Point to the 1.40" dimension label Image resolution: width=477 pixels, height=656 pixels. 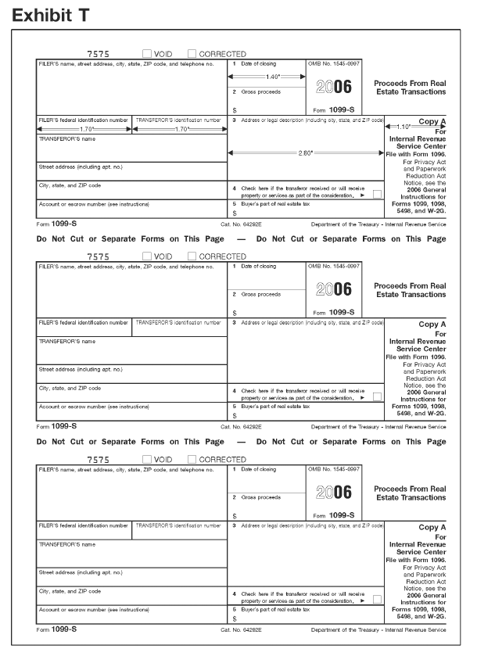pyautogui.click(x=273, y=77)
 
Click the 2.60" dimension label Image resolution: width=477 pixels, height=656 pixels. pyautogui.click(x=307, y=152)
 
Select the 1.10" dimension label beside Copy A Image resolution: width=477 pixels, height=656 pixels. pyautogui.click(x=405, y=127)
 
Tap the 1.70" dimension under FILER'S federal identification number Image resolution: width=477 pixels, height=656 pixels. pyautogui.click(x=87, y=128)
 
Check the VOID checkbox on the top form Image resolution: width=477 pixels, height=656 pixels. pyautogui.click(x=148, y=54)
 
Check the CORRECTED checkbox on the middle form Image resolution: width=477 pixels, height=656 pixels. pyautogui.click(x=192, y=256)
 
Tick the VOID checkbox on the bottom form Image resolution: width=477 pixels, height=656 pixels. pyautogui.click(x=148, y=459)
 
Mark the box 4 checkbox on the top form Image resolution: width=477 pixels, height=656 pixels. pyautogui.click(x=378, y=193)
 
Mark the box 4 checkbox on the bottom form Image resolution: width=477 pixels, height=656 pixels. pyautogui.click(x=378, y=598)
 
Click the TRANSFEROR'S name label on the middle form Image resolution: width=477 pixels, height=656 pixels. pyautogui.click(x=67, y=341)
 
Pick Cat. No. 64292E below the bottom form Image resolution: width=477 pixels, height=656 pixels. pyautogui.click(x=242, y=629)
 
